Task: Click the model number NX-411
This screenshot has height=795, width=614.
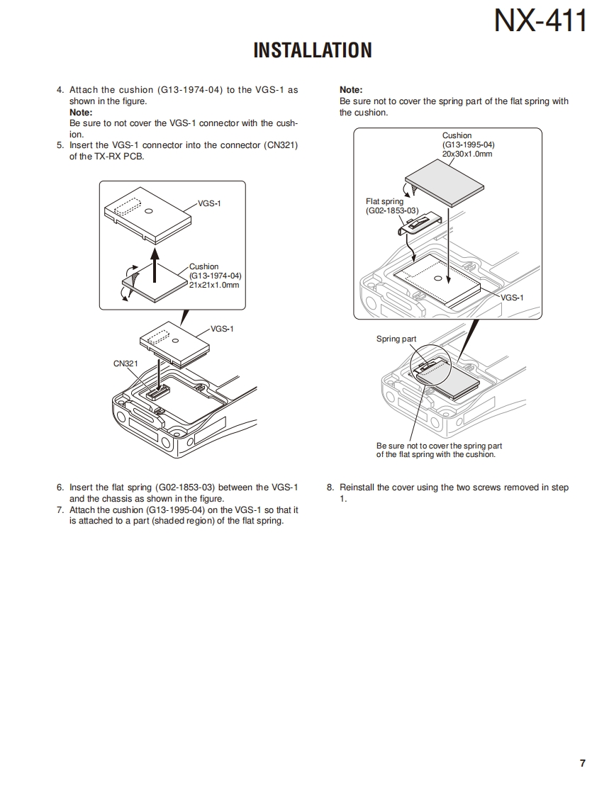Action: pos(540,21)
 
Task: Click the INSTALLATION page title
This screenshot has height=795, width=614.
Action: pos(312,50)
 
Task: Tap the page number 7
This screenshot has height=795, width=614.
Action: pos(582,763)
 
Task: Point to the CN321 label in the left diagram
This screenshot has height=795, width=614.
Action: pos(125,363)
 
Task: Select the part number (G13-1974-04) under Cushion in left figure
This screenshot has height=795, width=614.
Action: pos(216,276)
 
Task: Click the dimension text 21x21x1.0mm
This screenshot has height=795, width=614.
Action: pos(214,285)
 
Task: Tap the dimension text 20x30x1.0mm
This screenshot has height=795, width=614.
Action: pos(467,154)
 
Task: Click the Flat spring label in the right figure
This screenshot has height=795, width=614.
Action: pos(384,202)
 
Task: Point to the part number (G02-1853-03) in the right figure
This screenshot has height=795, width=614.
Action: pos(393,210)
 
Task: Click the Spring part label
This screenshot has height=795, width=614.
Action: pos(396,339)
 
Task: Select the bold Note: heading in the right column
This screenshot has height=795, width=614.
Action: pos(351,90)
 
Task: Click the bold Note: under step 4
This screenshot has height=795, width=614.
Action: pos(81,113)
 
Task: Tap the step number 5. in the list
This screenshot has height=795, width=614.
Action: pos(60,145)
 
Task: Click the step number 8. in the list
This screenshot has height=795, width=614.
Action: pos(330,487)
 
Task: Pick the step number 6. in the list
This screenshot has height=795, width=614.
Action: pos(60,487)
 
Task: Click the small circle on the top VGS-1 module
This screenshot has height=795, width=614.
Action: pos(148,211)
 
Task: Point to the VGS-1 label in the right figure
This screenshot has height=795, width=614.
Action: pos(512,298)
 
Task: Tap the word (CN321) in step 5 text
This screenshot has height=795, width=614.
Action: pos(281,145)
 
